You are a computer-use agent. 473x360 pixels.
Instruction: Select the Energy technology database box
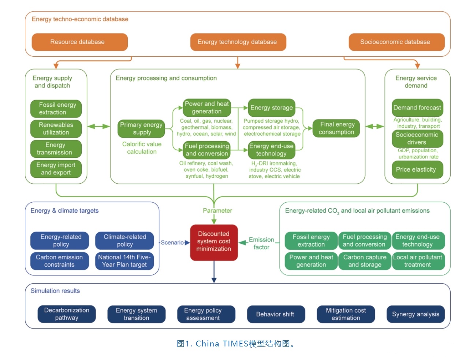(x=238, y=42)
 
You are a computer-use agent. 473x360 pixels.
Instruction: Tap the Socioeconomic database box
(x=396, y=42)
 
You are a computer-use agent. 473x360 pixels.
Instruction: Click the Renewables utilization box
(x=56, y=129)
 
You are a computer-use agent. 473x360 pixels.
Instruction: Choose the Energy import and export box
(x=56, y=169)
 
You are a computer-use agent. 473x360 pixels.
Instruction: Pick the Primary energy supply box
(x=141, y=128)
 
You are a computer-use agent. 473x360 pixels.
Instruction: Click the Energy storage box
(x=272, y=108)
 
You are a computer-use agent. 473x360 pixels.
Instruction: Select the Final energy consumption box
(x=336, y=128)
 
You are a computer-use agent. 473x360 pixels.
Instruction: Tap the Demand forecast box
(x=417, y=108)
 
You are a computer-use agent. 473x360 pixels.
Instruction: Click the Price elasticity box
(x=417, y=169)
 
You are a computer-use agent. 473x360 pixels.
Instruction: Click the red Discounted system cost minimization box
(x=214, y=241)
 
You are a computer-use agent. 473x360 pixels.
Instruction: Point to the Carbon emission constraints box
(x=59, y=261)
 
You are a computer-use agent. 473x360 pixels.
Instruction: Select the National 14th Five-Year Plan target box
(x=124, y=261)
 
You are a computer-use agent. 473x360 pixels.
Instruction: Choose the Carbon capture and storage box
(x=365, y=261)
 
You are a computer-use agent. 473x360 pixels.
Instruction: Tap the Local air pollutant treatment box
(x=418, y=261)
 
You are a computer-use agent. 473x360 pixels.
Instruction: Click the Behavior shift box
(x=276, y=314)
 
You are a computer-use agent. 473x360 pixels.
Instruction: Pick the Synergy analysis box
(x=416, y=314)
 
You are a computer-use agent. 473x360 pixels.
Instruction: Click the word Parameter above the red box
(x=217, y=211)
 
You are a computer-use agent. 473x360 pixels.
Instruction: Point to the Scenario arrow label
(x=172, y=243)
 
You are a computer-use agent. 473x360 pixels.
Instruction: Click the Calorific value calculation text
(x=142, y=148)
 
